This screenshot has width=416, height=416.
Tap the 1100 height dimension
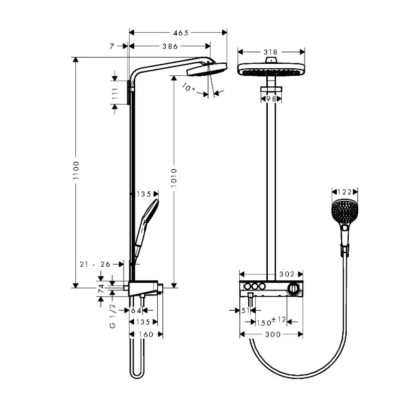(76, 173)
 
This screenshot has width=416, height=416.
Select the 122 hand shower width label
(344, 191)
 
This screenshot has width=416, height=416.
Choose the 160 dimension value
(146, 334)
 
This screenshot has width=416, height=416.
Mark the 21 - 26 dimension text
(95, 263)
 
